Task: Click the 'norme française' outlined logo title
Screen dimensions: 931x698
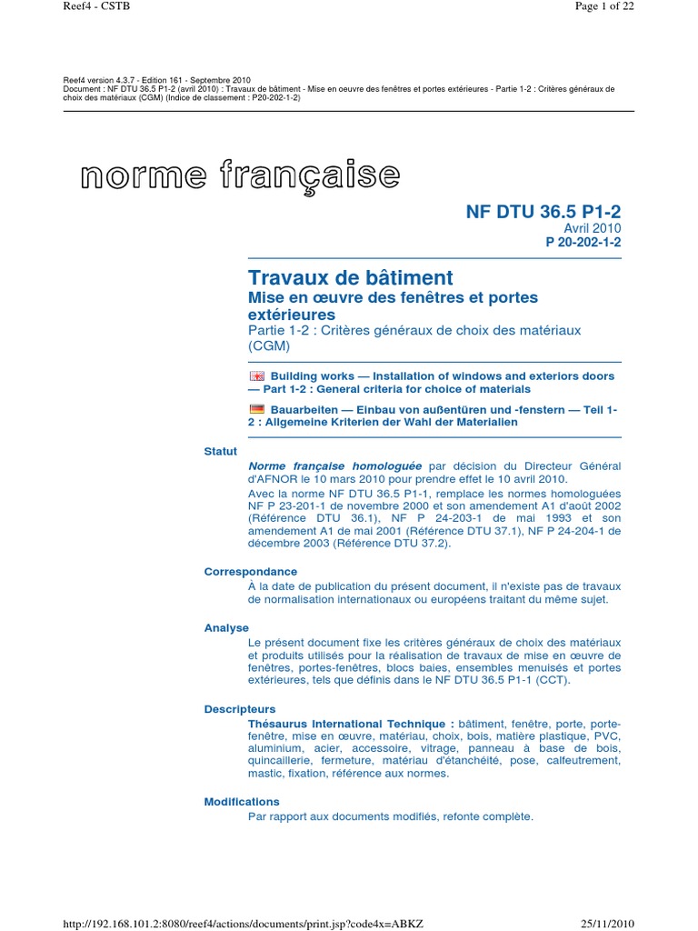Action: tap(240, 175)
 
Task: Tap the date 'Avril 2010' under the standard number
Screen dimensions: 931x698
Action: tap(593, 228)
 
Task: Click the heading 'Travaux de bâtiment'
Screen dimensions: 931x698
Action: tap(351, 277)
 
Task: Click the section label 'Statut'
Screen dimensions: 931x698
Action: tap(221, 451)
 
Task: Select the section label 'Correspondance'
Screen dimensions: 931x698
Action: tap(251, 572)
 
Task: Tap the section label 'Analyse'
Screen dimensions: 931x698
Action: tap(226, 628)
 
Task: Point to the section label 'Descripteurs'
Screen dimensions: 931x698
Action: tap(240, 709)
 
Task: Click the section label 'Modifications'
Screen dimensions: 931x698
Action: tap(242, 802)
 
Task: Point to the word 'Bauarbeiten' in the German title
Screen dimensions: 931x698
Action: tap(304, 409)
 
